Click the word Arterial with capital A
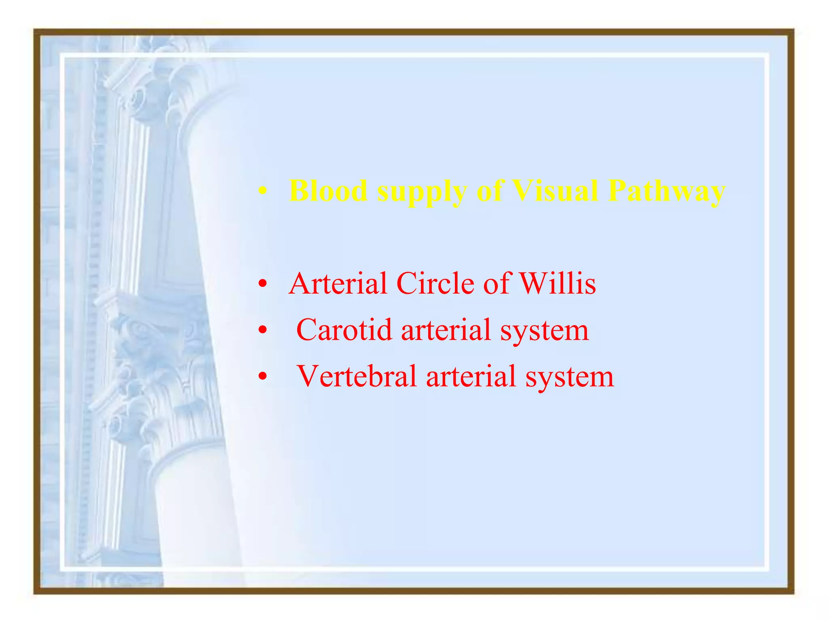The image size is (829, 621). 338,283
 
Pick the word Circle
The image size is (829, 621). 435,283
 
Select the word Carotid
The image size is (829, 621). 344,330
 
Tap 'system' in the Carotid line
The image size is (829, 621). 544,332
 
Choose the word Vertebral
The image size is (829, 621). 357,376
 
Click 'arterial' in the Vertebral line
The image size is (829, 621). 471,376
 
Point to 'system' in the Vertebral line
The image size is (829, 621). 570,378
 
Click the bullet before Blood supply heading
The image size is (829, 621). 263,192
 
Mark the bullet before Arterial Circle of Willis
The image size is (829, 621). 263,284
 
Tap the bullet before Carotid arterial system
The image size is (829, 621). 263,331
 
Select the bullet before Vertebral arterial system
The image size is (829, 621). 263,377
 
